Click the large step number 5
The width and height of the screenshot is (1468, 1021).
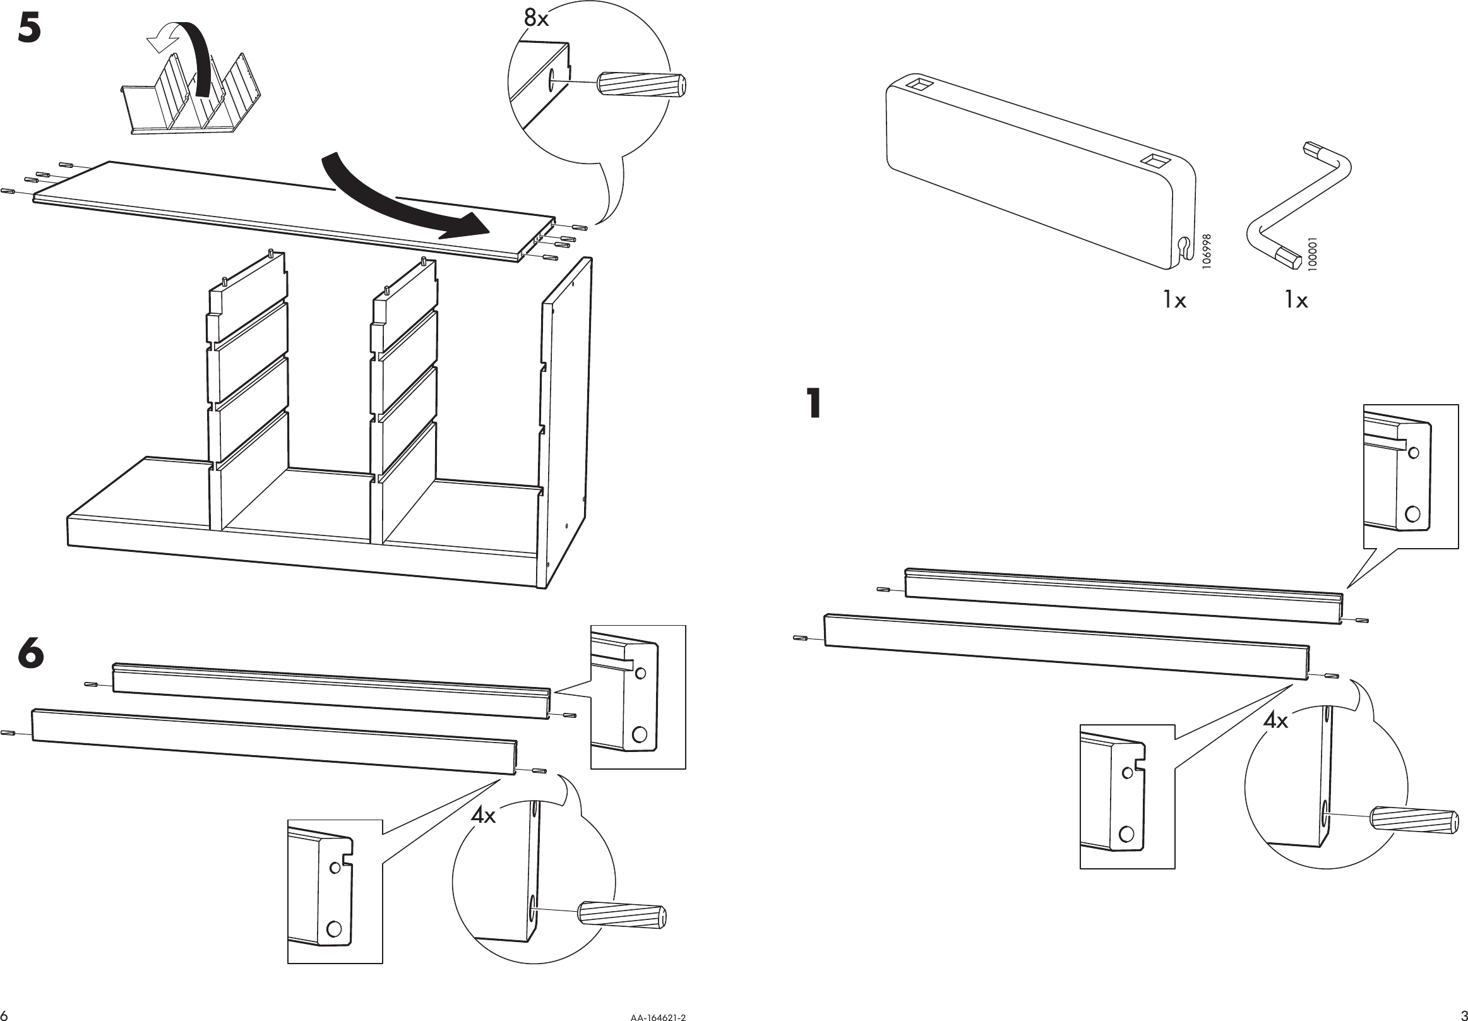30,30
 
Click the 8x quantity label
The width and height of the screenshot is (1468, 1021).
536,18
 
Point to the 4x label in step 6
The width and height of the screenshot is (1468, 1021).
484,815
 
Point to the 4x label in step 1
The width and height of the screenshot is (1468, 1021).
1275,721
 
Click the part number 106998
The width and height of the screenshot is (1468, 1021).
1207,251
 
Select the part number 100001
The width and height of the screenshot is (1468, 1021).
1313,254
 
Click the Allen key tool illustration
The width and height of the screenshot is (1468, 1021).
1298,205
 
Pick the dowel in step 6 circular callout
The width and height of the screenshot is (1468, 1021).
621,915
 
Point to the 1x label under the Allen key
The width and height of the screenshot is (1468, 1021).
1296,300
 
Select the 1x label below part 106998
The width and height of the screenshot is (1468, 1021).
1174,300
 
